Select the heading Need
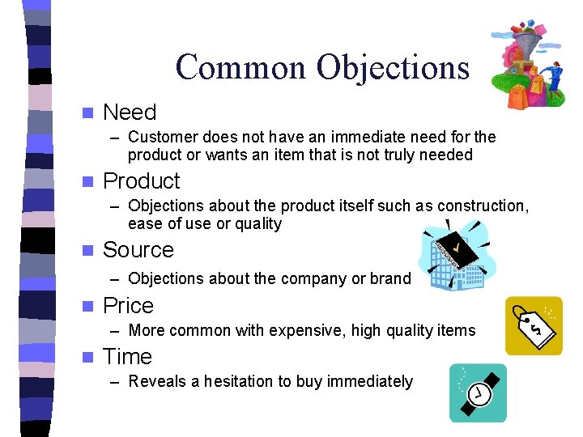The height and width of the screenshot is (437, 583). tap(130, 112)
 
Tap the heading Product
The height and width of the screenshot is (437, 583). tap(142, 180)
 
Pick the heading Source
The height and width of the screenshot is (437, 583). tap(138, 250)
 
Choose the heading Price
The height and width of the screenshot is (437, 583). tap(128, 306)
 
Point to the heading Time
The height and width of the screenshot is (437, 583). tap(127, 357)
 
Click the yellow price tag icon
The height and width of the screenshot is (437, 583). tap(534, 325)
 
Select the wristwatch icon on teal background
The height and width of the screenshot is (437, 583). tap(478, 392)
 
